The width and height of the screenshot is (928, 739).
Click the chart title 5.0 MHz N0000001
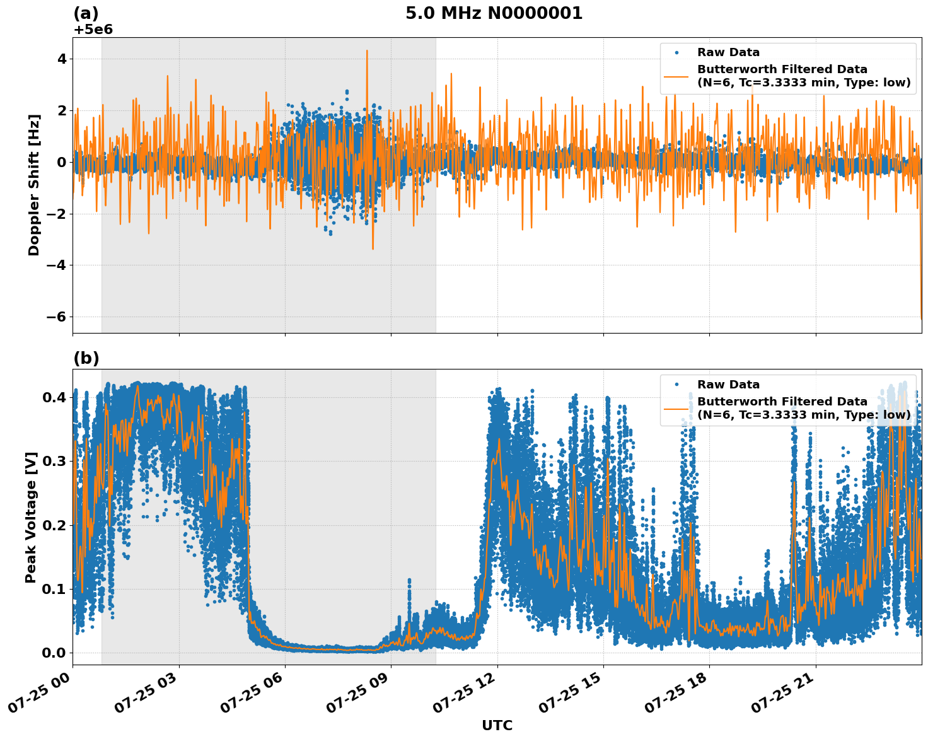tap(494, 13)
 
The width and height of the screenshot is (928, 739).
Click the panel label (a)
tap(86, 13)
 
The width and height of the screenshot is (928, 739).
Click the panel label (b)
tap(86, 358)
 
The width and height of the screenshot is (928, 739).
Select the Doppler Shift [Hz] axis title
tap(34, 185)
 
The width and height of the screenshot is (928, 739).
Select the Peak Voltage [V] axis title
tap(31, 517)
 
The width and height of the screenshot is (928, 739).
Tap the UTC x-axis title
tap(497, 725)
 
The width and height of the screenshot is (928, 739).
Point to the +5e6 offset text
tap(93, 30)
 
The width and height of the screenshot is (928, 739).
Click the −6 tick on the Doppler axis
tap(57, 317)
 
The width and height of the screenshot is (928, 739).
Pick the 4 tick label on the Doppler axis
tap(62, 59)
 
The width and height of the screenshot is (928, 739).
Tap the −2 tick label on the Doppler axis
tap(57, 214)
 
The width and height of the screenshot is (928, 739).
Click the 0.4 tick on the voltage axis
tap(54, 397)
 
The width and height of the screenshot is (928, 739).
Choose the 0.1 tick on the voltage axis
tap(54, 589)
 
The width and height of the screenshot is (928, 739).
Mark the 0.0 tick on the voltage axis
tap(54, 653)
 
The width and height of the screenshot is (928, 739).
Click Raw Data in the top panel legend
tap(728, 52)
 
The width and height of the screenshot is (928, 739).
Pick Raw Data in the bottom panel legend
tap(728, 385)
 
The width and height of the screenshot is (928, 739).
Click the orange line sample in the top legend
tap(676, 76)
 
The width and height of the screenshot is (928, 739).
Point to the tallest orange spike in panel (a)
tap(367, 52)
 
